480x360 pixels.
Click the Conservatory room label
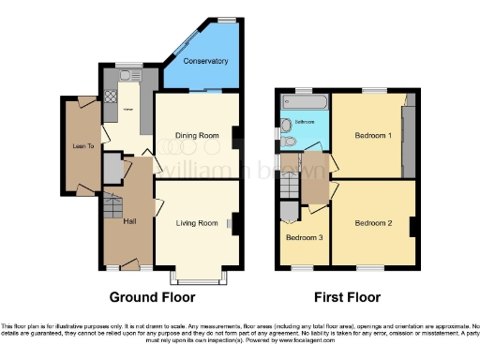[205, 61]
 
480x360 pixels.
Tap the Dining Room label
[196, 135]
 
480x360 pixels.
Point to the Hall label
[128, 223]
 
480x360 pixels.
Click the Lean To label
[81, 146]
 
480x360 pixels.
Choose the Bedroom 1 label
[372, 136]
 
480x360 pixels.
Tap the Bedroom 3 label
[305, 237]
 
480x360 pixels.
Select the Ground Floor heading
[154, 298]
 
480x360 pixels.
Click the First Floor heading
[347, 298]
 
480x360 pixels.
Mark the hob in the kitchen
[111, 95]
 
